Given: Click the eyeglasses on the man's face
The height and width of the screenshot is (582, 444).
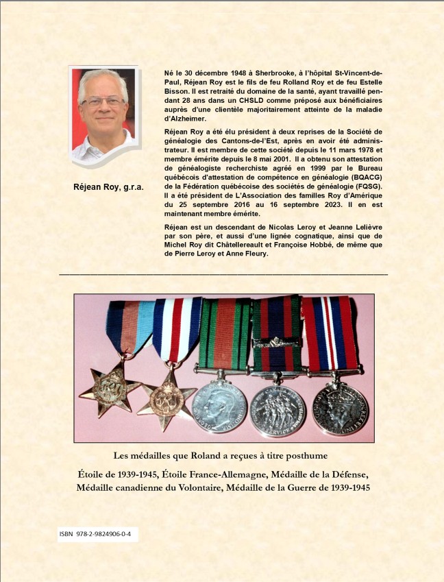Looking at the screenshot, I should coord(102,101).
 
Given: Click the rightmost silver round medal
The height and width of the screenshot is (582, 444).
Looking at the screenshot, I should coord(338,410).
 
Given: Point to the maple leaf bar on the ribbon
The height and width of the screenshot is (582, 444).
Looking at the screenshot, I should coord(277,339).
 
